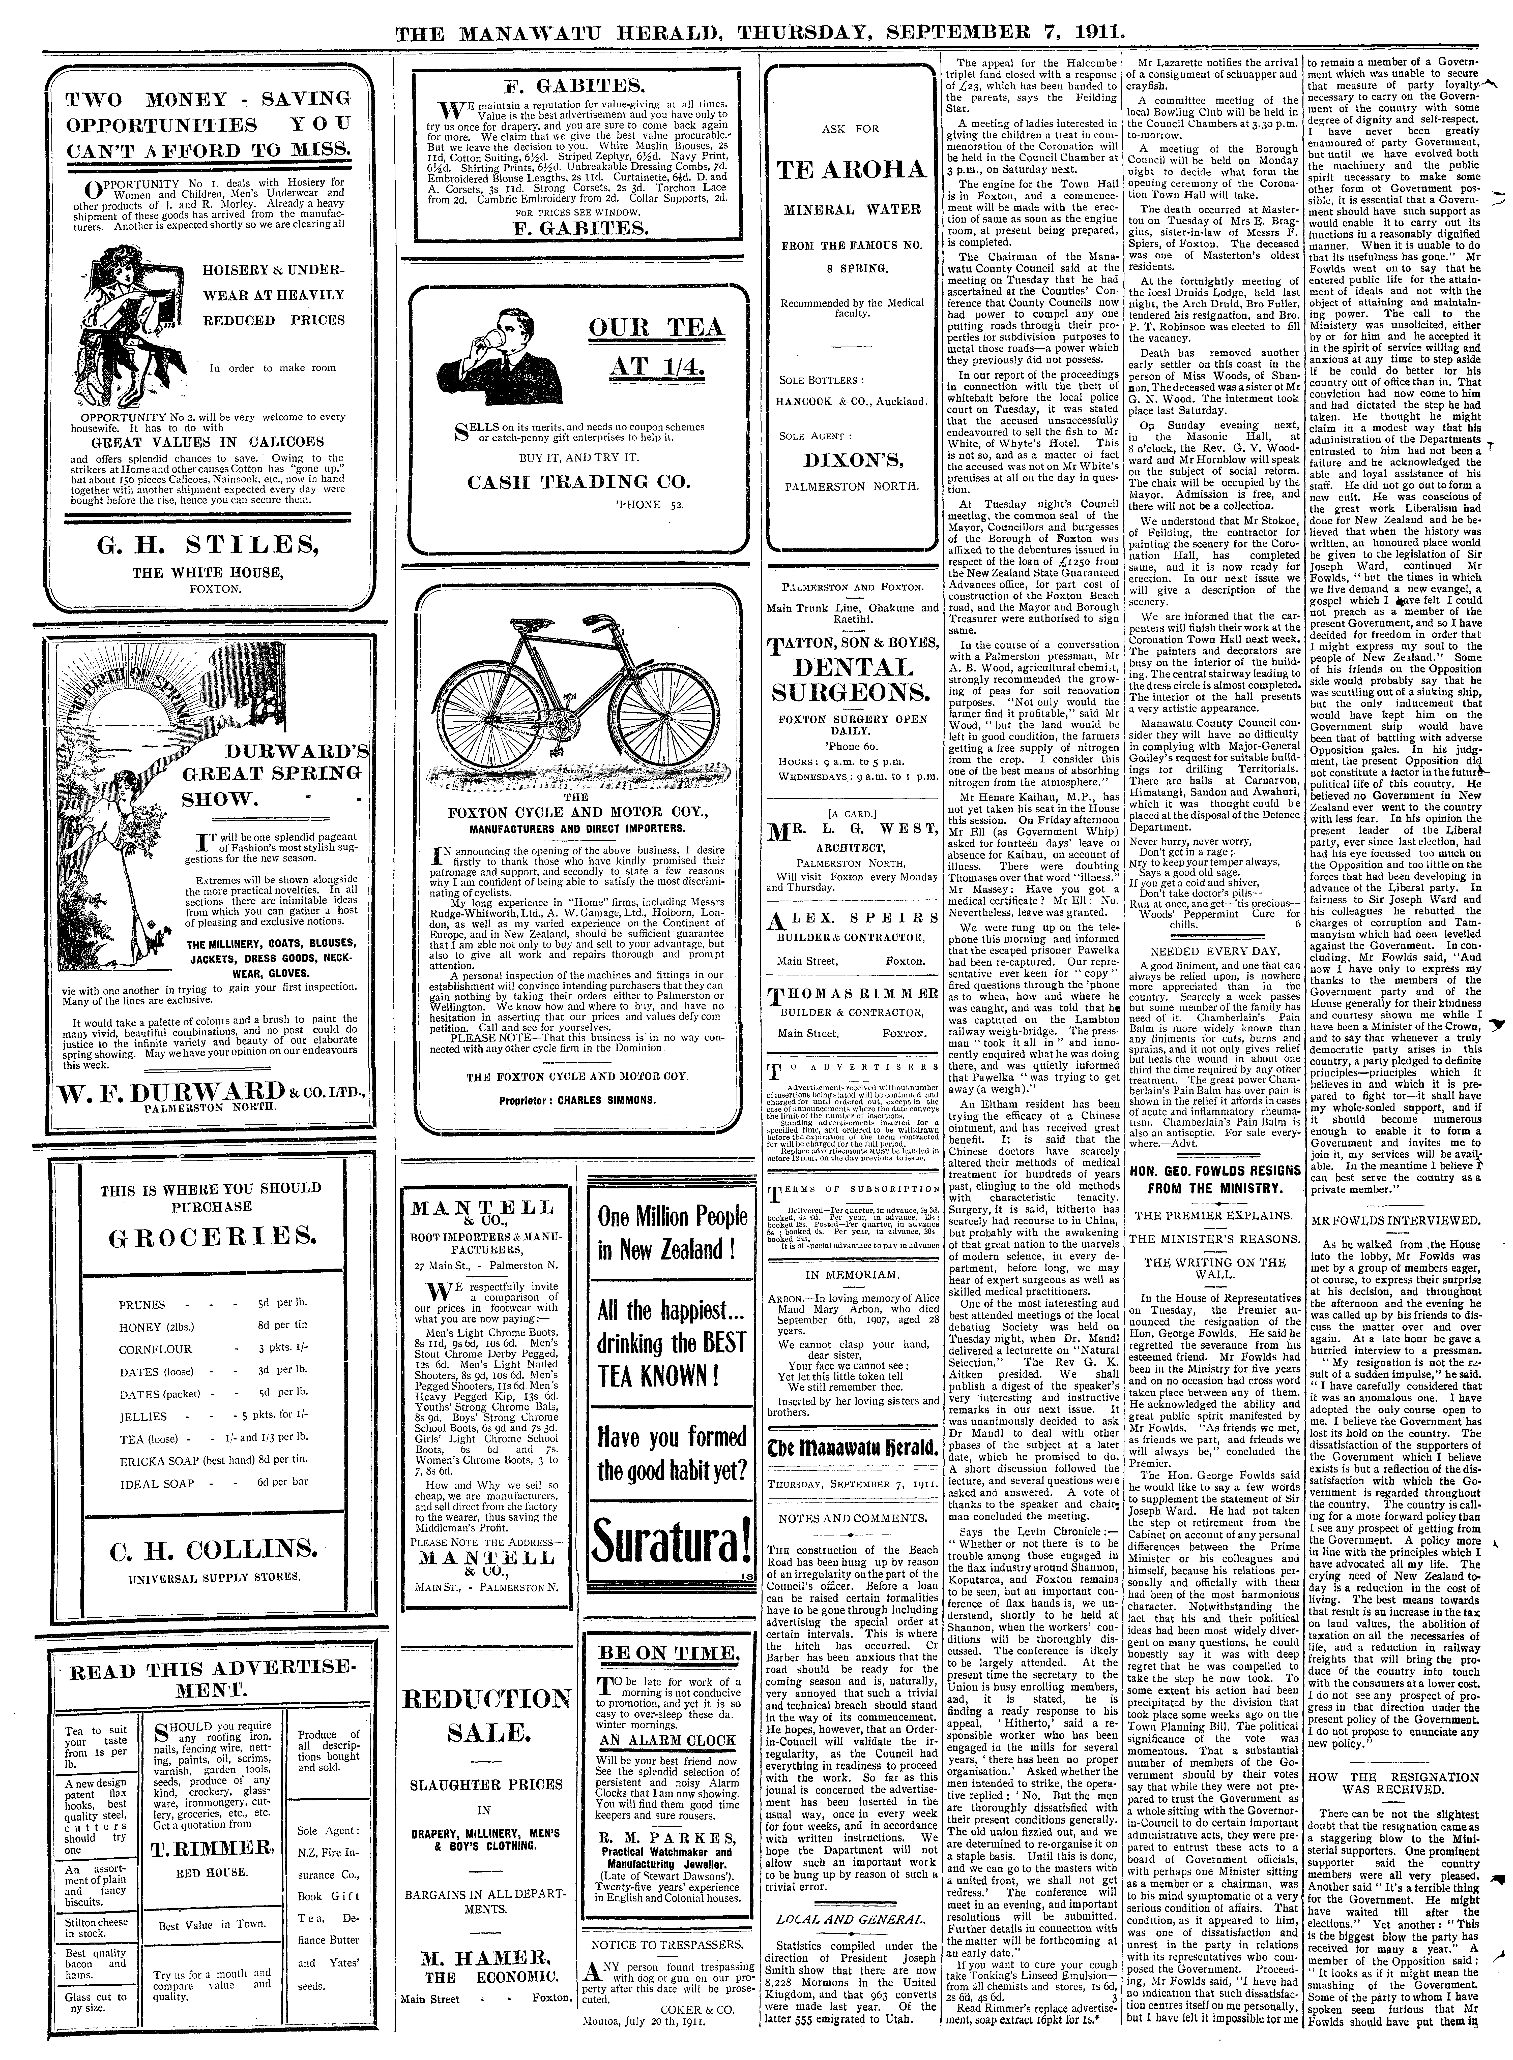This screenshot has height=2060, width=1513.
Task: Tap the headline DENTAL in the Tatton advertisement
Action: click(x=851, y=666)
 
